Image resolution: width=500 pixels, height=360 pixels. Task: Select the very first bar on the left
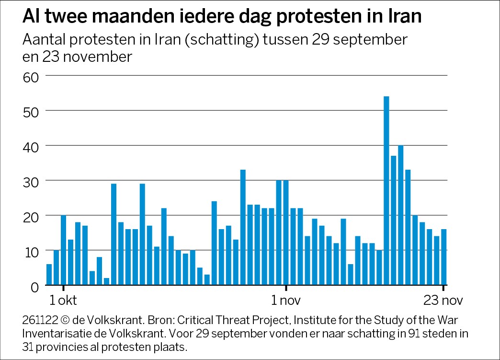pos(49,274)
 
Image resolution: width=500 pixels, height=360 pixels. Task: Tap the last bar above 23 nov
pos(443,256)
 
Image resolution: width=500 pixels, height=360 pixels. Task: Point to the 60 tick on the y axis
pos(30,76)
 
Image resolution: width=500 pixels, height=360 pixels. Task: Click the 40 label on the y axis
pos(30,146)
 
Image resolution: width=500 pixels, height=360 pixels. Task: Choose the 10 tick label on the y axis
pos(30,251)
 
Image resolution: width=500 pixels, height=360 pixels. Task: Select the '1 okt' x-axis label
pos(63,302)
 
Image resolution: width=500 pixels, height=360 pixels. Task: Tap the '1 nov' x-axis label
pos(286,302)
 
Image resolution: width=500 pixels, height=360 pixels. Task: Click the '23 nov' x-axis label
pos(443,302)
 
